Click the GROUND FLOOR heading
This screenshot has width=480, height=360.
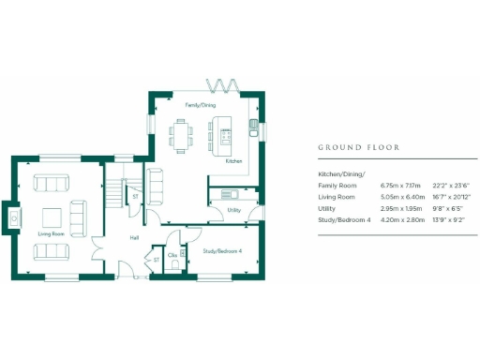pyautogui.click(x=359, y=147)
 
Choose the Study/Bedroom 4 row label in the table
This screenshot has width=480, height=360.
pyautogui.click(x=345, y=219)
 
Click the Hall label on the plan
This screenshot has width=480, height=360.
pyautogui.click(x=134, y=238)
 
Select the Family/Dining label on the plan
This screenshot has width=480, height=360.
pyautogui.click(x=200, y=105)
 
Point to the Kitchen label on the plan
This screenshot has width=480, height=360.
pyautogui.click(x=234, y=160)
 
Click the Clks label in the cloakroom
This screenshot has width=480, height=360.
pyautogui.click(x=172, y=254)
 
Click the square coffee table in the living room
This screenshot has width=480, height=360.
pyautogui.click(x=51, y=215)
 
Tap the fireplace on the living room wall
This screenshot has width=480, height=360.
pyautogui.click(x=14, y=217)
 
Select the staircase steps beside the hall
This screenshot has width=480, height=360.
pyautogui.click(x=112, y=192)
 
